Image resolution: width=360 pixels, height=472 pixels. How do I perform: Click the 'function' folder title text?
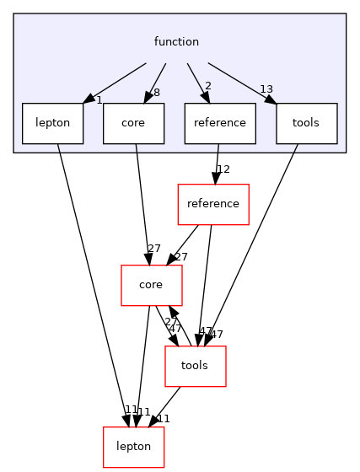176,41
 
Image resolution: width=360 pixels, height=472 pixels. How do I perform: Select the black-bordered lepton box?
52,123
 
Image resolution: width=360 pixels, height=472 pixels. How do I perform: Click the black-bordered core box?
133,123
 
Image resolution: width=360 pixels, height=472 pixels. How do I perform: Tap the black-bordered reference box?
220,123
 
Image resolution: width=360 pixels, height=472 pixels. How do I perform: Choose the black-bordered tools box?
305,123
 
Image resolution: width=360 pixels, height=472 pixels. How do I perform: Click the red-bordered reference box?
213,204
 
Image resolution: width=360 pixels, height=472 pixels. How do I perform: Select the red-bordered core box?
151,285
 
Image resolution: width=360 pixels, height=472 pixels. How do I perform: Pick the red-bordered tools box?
195,366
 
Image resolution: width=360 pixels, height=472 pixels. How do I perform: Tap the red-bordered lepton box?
133,447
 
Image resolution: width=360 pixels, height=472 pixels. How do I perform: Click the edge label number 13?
266,90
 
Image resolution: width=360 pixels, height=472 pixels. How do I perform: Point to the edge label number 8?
157,94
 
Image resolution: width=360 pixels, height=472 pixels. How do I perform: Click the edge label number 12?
223,170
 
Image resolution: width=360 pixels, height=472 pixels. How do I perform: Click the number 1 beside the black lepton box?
99,100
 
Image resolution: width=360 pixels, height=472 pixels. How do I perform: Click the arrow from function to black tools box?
240,81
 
